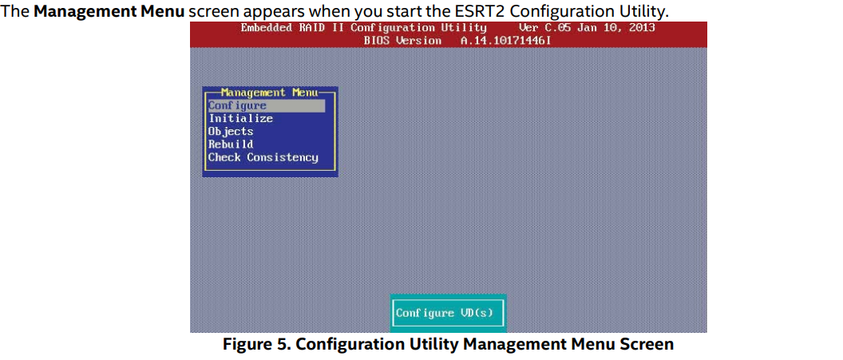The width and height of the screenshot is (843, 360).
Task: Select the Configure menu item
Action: pos(237,106)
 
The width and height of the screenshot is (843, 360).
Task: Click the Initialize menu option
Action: pos(241,119)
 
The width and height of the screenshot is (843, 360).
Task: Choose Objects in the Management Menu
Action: pos(231,132)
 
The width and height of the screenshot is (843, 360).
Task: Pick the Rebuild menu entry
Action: pos(231,144)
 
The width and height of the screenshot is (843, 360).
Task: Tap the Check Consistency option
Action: pos(263,157)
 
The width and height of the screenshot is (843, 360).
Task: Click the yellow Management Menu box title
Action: pos(269,93)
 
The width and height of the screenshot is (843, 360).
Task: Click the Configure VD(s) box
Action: pos(448,313)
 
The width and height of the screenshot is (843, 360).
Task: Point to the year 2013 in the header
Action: pos(641,28)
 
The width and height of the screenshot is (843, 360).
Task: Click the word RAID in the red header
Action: pos(312,28)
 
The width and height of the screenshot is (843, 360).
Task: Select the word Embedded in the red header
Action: pos(267,28)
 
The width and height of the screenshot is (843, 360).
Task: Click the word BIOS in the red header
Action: pos(376,41)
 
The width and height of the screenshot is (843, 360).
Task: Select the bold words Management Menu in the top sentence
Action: pos(110,10)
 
